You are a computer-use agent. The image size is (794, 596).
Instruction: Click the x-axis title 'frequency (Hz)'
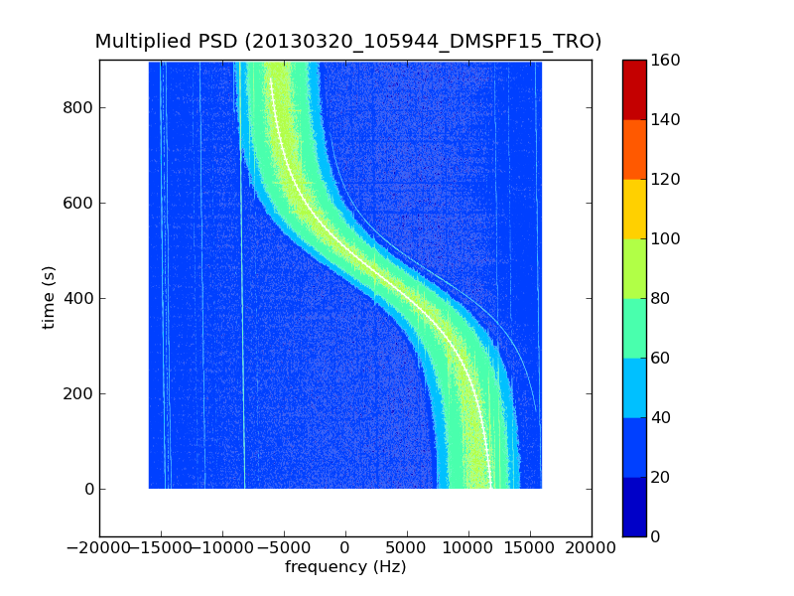[x=345, y=567]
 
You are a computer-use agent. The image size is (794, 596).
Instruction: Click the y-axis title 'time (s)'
[x=49, y=298]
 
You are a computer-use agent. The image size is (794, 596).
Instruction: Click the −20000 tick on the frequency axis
[x=99, y=548]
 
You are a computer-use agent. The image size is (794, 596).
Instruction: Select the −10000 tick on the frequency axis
[x=222, y=548]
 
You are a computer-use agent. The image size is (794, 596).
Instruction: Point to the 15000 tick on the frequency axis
[x=530, y=548]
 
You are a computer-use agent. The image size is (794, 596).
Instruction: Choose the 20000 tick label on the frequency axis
[x=592, y=548]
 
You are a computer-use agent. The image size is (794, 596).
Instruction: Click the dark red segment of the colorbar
[x=634, y=89]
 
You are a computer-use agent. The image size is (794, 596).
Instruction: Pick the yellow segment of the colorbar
[x=634, y=209]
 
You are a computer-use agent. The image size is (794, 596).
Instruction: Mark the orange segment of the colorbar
[x=634, y=149]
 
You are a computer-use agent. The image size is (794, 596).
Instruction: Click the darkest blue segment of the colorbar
[x=634, y=507]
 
